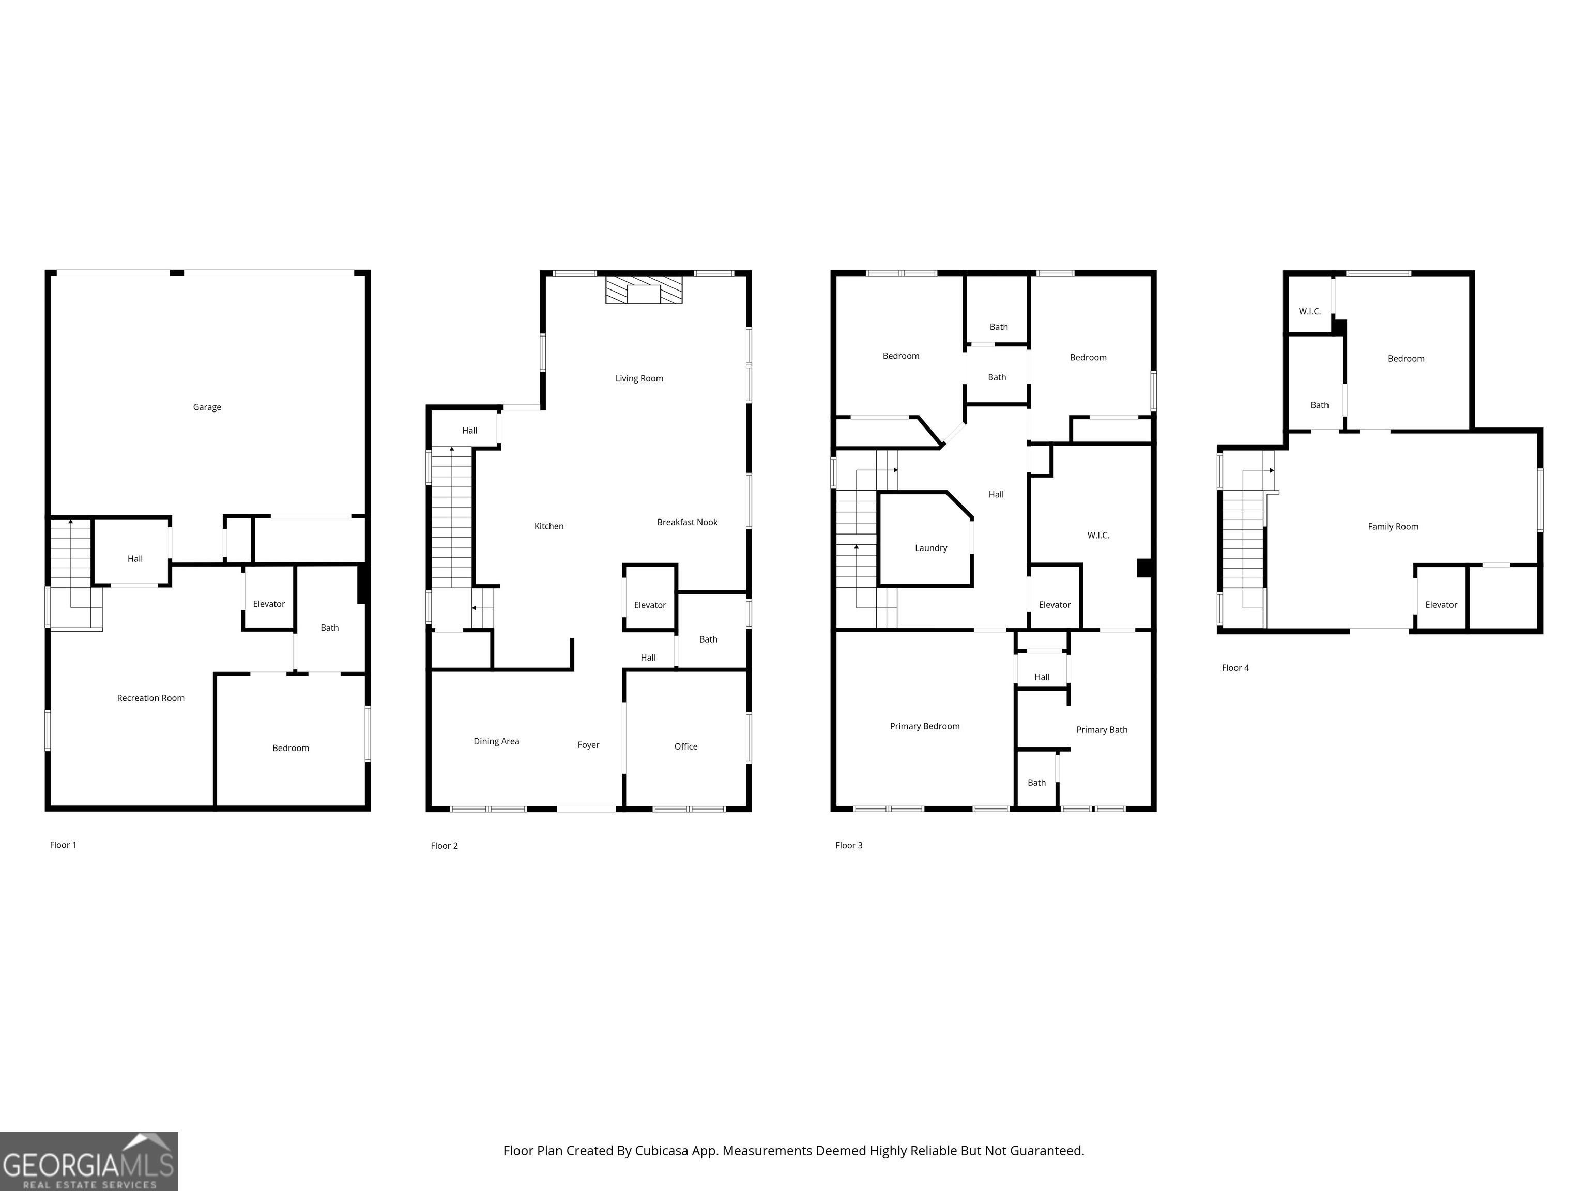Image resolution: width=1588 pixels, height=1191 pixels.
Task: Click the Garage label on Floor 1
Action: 207,407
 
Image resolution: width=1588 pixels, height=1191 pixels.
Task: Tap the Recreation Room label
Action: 151,698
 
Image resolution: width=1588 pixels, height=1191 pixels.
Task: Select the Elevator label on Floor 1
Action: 268,604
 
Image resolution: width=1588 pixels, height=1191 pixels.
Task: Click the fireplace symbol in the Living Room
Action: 643,290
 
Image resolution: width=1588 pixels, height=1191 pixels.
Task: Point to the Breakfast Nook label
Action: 687,522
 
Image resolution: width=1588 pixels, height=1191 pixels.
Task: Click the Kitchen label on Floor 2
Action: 548,526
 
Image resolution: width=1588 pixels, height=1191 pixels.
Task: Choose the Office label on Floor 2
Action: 685,746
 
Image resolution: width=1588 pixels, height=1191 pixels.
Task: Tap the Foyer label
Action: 588,745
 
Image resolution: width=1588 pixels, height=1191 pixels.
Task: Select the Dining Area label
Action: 496,742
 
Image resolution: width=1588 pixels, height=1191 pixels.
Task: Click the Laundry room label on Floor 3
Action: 930,548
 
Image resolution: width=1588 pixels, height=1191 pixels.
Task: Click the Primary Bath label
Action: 1101,730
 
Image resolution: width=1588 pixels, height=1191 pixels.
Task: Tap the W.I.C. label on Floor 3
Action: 1097,536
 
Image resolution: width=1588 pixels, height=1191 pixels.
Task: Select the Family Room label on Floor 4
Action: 1393,527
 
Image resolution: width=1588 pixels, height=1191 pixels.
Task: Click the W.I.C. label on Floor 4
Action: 1309,312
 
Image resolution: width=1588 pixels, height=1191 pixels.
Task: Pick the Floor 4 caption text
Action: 1235,668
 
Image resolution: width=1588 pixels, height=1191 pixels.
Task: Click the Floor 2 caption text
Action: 444,846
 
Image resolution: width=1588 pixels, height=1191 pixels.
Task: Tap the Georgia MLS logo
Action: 88,1161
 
